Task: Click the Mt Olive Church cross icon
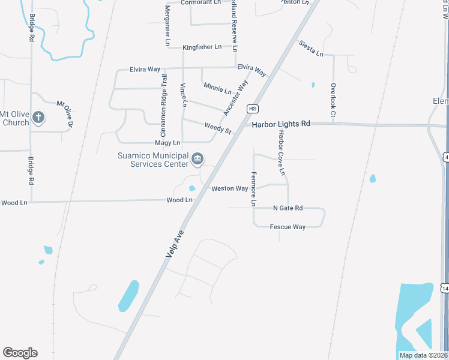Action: point(38,117)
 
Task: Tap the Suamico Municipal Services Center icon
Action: point(197,159)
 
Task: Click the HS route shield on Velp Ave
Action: point(252,108)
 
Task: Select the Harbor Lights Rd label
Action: point(281,124)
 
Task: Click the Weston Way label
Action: point(230,188)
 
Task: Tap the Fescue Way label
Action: point(288,227)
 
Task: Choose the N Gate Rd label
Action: point(288,208)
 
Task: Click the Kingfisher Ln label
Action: point(202,47)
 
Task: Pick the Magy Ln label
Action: point(167,143)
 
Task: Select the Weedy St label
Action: point(218,128)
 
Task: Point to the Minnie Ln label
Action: point(218,89)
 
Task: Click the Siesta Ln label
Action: point(311,50)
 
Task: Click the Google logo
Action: point(20,353)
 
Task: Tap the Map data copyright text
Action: point(424,355)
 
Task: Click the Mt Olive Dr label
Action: point(65,113)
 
